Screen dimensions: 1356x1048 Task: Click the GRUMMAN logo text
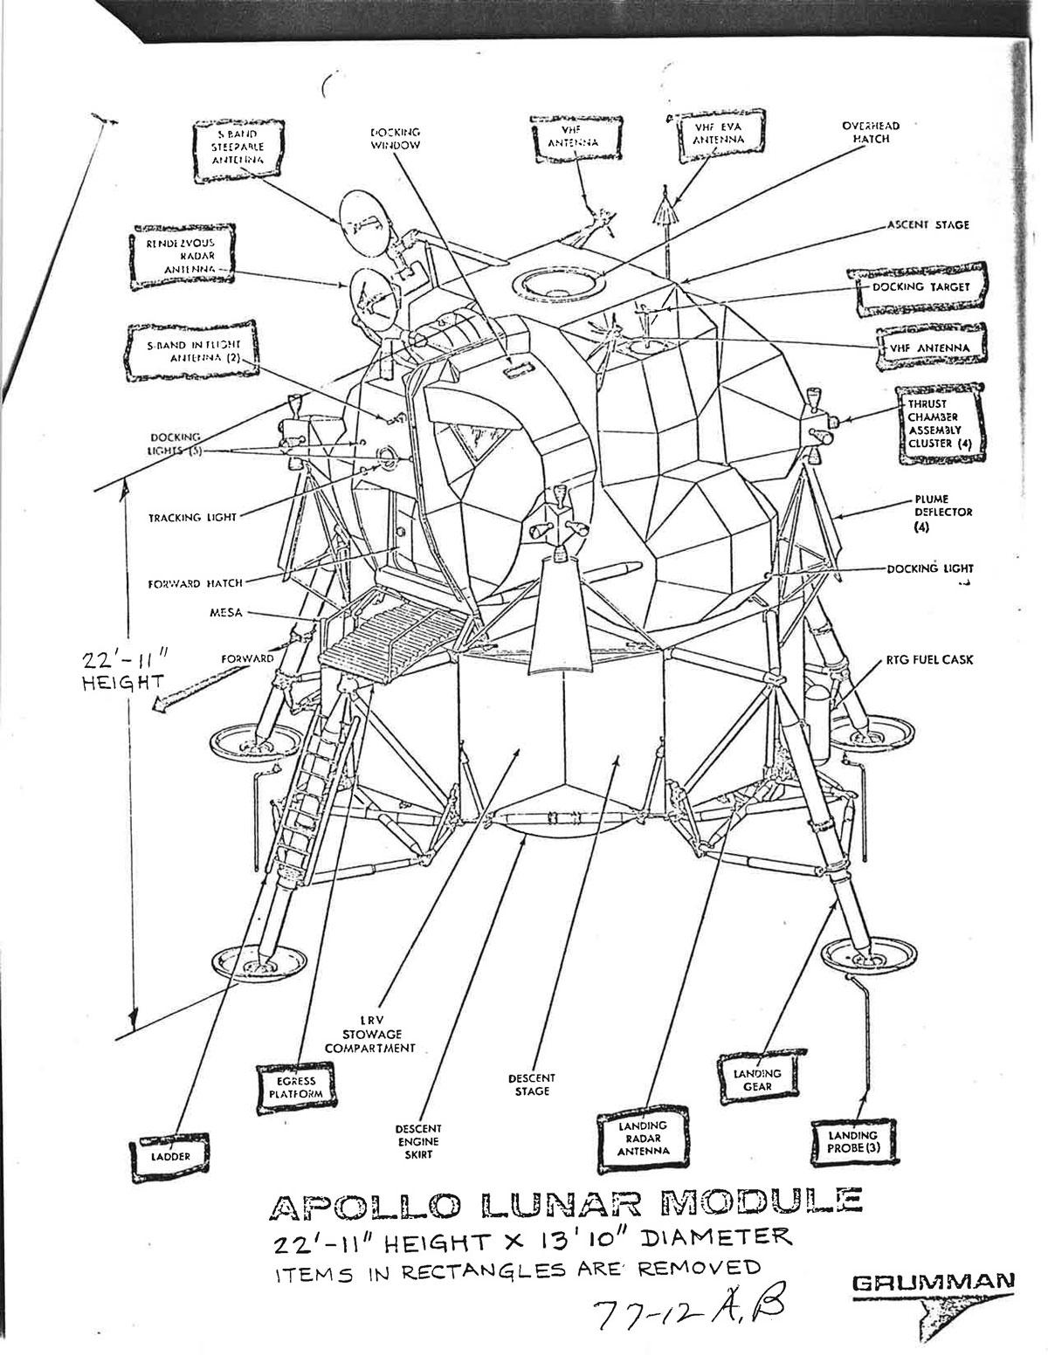pos(932,1281)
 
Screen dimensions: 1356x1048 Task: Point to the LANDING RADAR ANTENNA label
pos(642,1138)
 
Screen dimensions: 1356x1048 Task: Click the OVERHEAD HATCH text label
pos(870,132)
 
